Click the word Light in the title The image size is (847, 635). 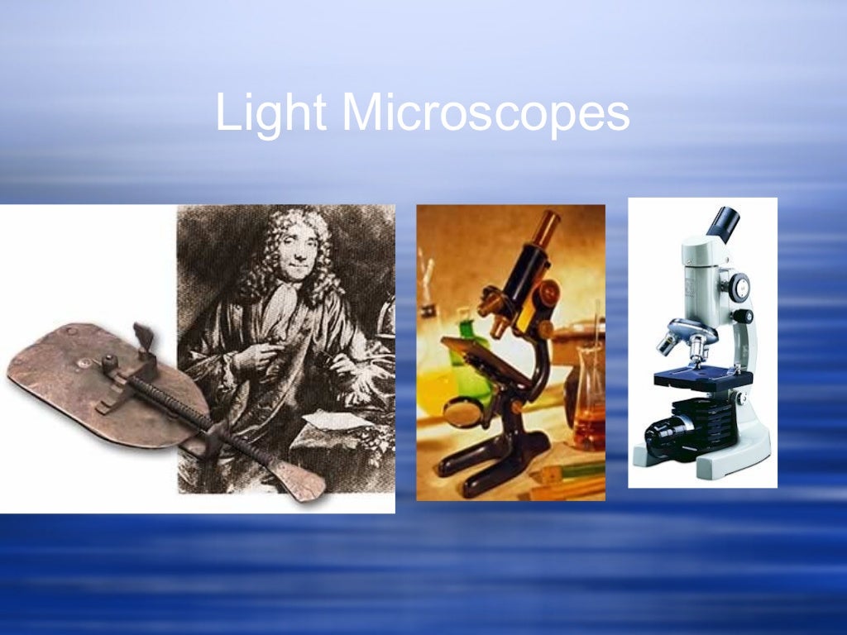click(270, 113)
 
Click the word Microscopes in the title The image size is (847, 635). click(485, 113)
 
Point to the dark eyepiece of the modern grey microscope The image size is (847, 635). click(725, 223)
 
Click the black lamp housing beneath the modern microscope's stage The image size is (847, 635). click(674, 429)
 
